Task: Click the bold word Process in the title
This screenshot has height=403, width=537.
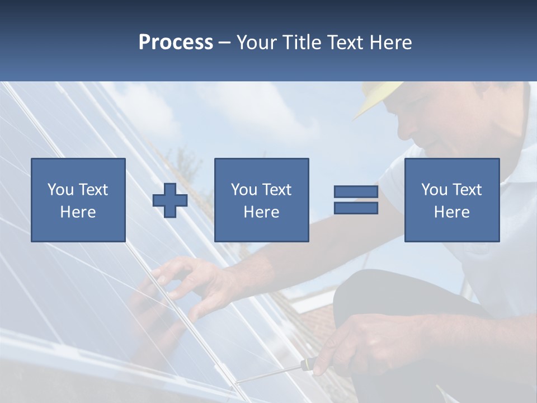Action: tap(176, 43)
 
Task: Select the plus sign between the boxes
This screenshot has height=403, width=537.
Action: tap(170, 200)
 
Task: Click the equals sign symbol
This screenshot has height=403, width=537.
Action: tap(356, 200)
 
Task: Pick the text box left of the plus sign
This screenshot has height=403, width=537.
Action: tap(78, 200)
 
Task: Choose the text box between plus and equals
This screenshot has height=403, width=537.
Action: tap(261, 200)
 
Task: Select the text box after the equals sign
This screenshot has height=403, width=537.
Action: tap(451, 200)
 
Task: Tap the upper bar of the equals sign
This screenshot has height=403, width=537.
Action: tap(356, 192)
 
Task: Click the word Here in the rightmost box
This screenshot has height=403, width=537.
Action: tap(451, 212)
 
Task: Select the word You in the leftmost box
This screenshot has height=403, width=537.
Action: tap(59, 190)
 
